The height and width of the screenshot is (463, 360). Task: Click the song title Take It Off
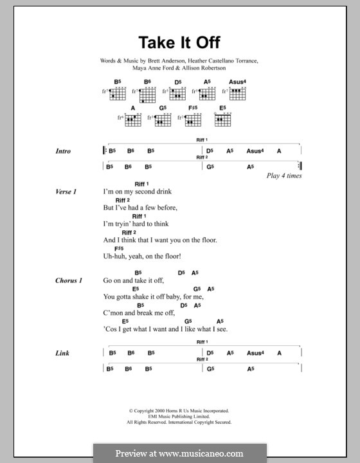(x=180, y=43)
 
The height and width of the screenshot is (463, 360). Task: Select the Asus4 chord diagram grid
(x=239, y=95)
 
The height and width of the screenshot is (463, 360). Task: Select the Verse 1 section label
(x=66, y=192)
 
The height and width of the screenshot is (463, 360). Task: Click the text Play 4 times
(x=283, y=176)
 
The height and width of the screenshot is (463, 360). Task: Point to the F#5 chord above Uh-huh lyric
(x=120, y=249)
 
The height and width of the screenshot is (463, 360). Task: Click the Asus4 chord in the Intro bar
(x=255, y=151)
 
